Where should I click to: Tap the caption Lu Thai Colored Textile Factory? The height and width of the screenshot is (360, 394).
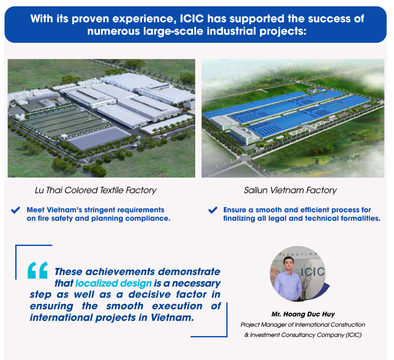[96, 190]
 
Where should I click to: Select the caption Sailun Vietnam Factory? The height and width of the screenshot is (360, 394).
[290, 190]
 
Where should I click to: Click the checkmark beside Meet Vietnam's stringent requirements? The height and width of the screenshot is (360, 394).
[16, 210]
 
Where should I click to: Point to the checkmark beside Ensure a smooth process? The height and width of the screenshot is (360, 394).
[213, 210]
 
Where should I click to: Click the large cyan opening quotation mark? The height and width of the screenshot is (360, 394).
[38, 270]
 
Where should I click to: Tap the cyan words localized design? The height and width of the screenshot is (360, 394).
[113, 283]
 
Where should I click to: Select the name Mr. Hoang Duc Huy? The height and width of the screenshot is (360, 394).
[303, 314]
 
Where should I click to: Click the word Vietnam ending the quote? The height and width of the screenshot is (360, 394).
[172, 318]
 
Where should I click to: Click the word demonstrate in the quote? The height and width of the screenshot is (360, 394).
[189, 272]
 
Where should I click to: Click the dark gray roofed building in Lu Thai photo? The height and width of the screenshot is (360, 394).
[99, 138]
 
